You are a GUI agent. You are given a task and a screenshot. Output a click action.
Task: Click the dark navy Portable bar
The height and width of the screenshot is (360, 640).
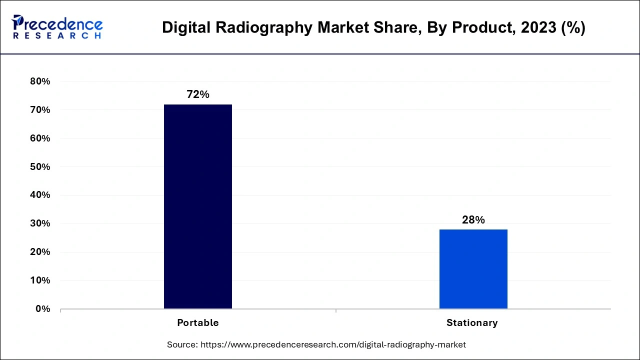pyautogui.click(x=198, y=206)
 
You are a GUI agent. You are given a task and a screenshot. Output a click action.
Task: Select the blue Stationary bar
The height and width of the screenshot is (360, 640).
pyautogui.click(x=473, y=268)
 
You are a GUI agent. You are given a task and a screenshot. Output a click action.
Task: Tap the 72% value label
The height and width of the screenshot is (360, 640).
pyautogui.click(x=198, y=94)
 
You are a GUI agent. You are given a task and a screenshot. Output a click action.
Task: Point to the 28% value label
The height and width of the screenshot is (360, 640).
pyautogui.click(x=473, y=219)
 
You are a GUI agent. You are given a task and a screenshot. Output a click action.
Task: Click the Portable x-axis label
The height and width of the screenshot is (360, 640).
pyautogui.click(x=198, y=323)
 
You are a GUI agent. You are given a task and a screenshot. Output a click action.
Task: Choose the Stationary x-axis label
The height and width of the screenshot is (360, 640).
pyautogui.click(x=472, y=323)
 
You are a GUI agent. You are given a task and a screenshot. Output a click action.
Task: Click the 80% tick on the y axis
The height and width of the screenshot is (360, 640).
pyautogui.click(x=40, y=81)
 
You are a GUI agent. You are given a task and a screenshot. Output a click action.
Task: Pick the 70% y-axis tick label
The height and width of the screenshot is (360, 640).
pyautogui.click(x=40, y=110)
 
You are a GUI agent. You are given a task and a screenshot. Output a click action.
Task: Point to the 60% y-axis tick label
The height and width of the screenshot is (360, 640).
pyautogui.click(x=40, y=138)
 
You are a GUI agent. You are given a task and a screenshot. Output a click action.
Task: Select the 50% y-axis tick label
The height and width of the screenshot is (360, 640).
pyautogui.click(x=40, y=167)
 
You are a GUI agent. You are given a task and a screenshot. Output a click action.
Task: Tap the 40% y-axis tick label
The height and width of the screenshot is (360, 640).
pyautogui.click(x=40, y=195)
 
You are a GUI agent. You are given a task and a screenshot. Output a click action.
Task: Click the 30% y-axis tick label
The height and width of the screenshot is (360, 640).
pyautogui.click(x=40, y=223)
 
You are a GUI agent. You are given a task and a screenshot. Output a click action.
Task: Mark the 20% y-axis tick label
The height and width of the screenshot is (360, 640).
pyautogui.click(x=40, y=252)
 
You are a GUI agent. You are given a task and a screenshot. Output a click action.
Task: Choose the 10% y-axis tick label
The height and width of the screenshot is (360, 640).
pyautogui.click(x=40, y=280)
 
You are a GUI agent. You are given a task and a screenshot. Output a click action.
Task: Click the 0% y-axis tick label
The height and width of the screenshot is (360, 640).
pyautogui.click(x=42, y=309)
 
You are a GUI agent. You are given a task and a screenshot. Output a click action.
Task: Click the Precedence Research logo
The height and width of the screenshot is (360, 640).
pyautogui.click(x=57, y=26)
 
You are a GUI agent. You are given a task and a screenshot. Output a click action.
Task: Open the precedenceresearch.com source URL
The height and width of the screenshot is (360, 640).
pyautogui.click(x=333, y=344)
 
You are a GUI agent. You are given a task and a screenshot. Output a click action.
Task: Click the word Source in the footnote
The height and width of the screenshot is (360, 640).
pyautogui.click(x=182, y=344)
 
